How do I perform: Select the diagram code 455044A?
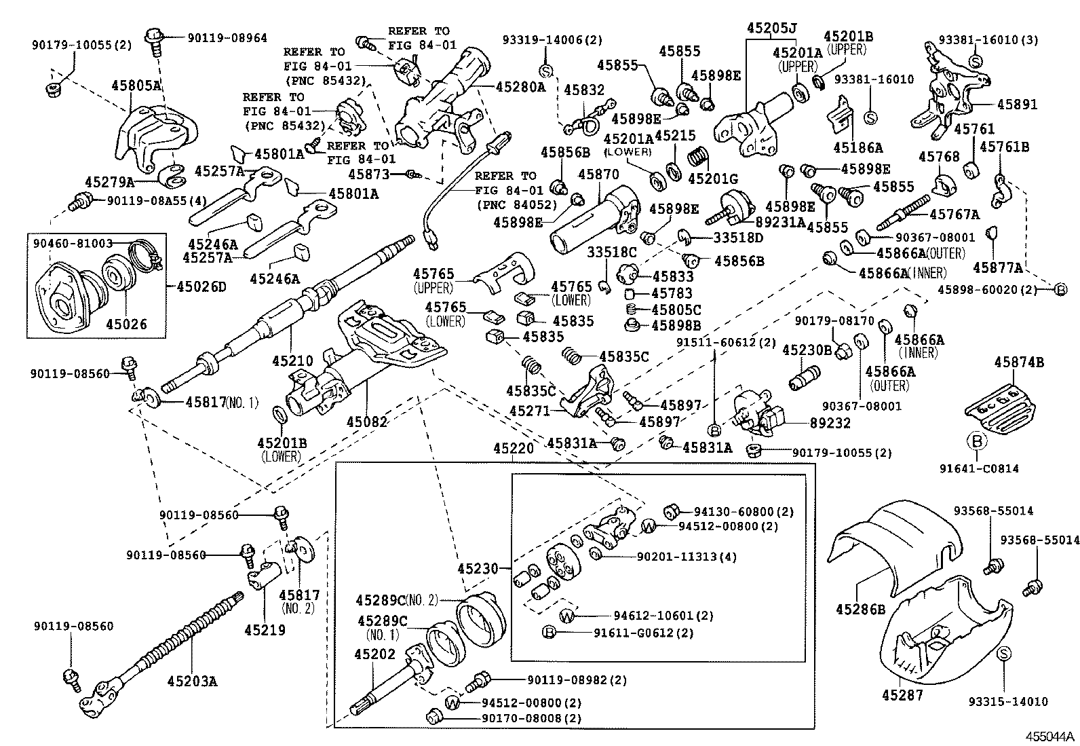coord(1049,736)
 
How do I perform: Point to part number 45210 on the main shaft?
coord(292,360)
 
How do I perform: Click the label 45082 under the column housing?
coord(366,422)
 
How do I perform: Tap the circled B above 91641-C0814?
coord(977,441)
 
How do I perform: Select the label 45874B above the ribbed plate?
coord(1019,362)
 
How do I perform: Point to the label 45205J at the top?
coord(771,29)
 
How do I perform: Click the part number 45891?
coord(1017,105)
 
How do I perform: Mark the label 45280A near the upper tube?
coord(520,87)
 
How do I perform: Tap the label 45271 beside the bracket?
coord(529,411)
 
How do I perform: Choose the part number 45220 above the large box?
coord(514,449)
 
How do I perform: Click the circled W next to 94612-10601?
coord(567,616)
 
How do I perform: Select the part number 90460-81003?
coord(71,242)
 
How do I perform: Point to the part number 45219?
coord(265,629)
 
